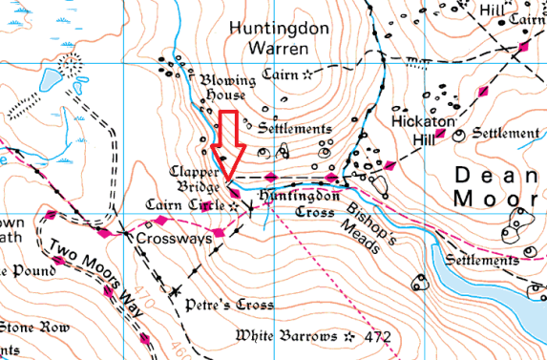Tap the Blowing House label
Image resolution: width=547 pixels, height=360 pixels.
click(222, 88)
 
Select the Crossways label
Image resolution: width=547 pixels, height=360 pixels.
click(173, 237)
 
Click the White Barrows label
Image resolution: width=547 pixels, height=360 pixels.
click(285, 336)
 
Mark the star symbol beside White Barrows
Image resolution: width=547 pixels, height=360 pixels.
click(350, 336)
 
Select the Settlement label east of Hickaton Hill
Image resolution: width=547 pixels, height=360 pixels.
click(505, 133)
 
